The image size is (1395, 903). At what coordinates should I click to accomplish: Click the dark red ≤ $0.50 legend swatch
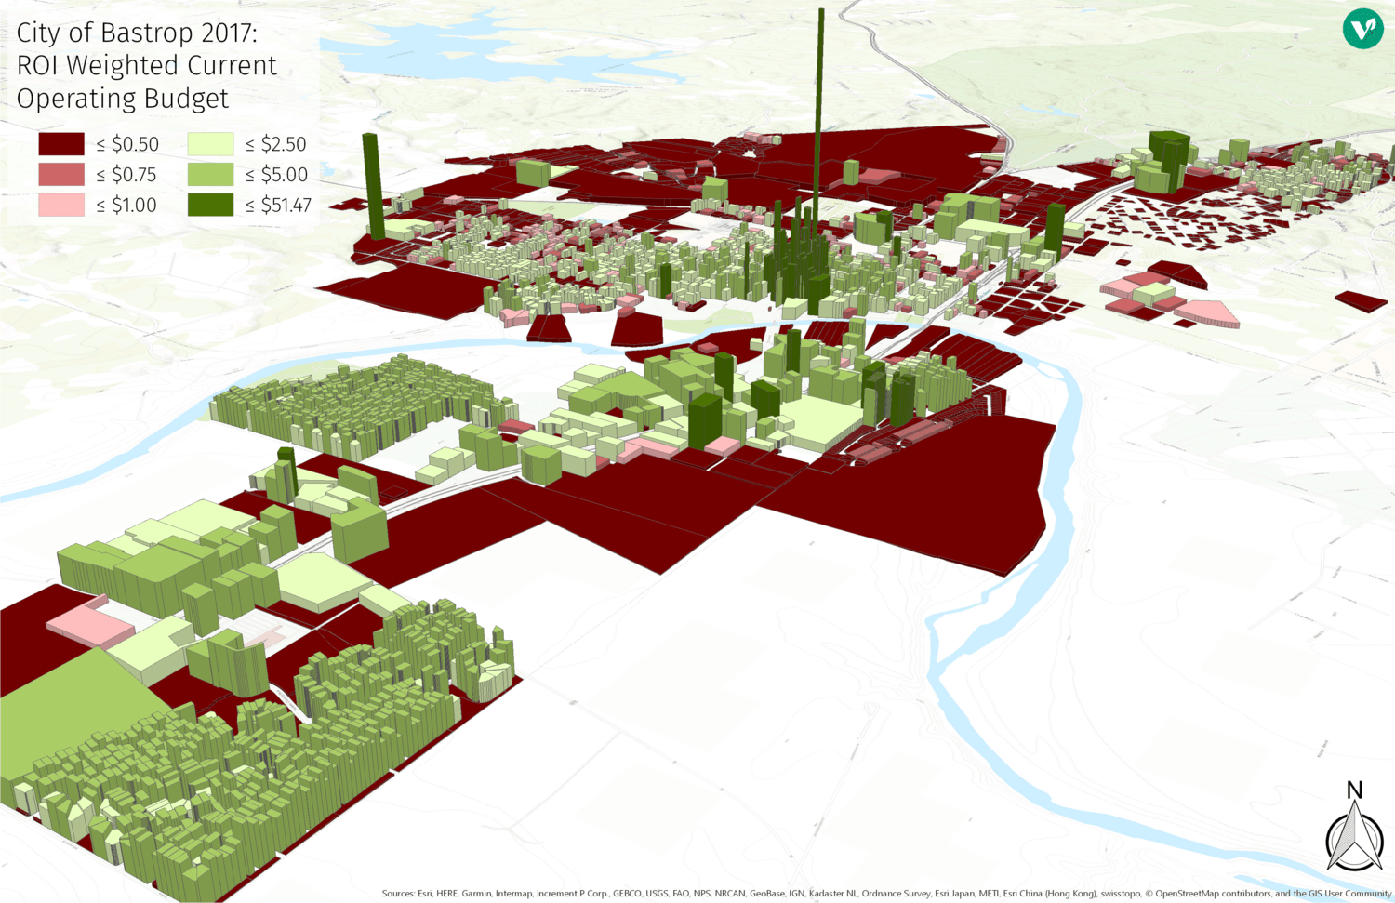coord(61,144)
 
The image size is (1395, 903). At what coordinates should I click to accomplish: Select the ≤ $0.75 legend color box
coord(61,175)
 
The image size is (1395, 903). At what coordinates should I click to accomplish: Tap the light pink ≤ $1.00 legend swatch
coord(61,206)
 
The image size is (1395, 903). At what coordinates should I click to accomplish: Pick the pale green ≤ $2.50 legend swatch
coord(210,144)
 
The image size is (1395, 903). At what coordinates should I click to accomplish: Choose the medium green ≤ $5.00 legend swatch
coord(210,175)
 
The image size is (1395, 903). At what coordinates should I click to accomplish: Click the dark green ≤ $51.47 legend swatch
coord(210,206)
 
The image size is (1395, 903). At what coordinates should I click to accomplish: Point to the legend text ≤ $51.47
coord(278,206)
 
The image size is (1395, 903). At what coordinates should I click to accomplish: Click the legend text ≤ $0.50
coord(127,144)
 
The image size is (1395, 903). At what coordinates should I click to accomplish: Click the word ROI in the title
coord(37,66)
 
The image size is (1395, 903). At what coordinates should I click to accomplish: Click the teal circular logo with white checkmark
coord(1362,29)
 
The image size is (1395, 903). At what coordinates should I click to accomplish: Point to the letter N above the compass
coord(1354,790)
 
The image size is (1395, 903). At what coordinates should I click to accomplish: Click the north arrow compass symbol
coord(1354,837)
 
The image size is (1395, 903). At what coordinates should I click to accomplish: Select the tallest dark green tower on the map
coord(820,139)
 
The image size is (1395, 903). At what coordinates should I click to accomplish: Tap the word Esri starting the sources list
coord(427,894)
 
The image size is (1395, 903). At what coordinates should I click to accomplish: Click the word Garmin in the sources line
coord(477,894)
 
